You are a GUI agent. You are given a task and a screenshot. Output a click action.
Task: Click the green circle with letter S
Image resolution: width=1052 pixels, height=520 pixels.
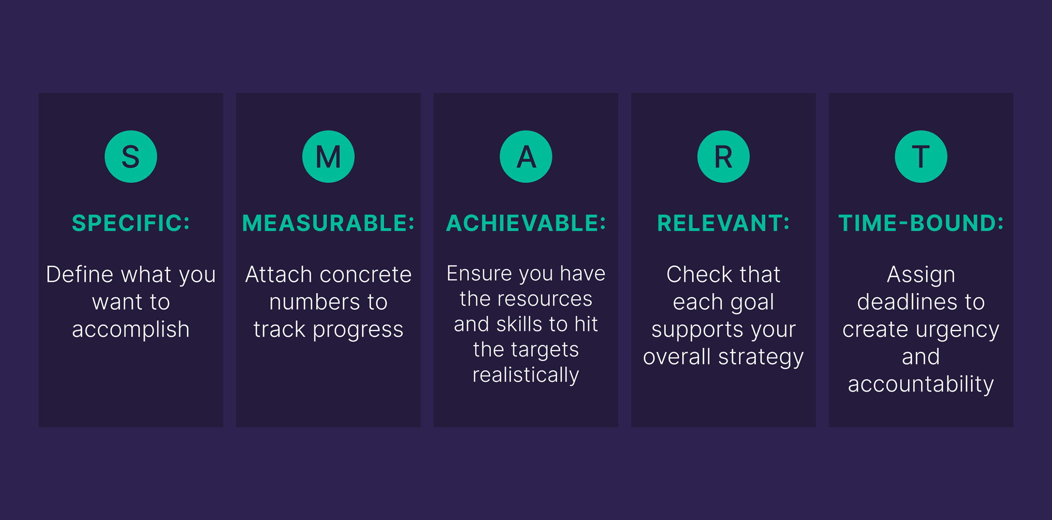click(x=131, y=157)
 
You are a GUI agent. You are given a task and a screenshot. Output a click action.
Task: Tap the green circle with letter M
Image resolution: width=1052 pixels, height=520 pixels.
click(x=328, y=157)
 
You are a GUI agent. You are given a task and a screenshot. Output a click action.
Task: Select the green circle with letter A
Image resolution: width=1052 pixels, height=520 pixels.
click(x=526, y=157)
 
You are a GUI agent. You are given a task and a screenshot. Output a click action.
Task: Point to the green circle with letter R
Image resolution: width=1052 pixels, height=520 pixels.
click(x=723, y=157)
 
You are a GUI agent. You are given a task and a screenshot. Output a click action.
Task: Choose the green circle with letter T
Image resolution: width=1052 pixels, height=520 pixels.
click(x=921, y=157)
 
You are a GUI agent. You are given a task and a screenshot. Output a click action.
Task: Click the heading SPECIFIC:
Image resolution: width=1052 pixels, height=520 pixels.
click(x=131, y=223)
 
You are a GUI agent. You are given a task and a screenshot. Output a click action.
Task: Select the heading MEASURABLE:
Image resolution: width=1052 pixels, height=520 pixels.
click(x=328, y=223)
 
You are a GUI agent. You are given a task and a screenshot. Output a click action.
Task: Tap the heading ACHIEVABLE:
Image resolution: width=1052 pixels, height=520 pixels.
click(x=526, y=223)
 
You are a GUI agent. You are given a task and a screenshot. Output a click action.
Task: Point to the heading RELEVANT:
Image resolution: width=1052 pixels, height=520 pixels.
click(x=723, y=223)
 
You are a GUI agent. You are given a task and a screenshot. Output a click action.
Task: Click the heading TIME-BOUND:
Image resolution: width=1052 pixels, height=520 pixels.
click(x=921, y=223)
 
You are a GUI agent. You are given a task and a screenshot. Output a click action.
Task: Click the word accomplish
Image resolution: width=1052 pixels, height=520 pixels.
click(x=131, y=330)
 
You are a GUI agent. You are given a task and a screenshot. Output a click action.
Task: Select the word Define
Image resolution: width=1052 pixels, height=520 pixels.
click(x=80, y=274)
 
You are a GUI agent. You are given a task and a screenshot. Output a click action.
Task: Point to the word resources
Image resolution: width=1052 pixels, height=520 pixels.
click(x=545, y=299)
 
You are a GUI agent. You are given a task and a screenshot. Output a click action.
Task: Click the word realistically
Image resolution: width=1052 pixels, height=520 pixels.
click(x=526, y=375)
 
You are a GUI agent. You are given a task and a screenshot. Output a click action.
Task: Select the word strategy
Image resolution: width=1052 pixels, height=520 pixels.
click(x=761, y=358)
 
